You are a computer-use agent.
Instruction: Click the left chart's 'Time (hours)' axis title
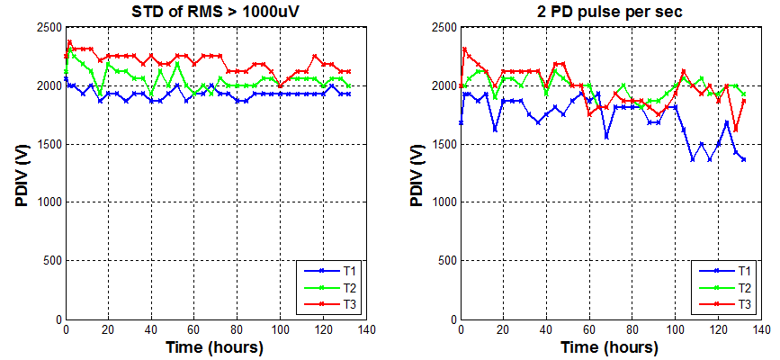215,346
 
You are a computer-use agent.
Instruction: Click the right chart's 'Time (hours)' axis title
610,346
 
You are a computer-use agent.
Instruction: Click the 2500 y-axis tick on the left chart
47,28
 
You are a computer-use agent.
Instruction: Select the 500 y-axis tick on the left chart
50,261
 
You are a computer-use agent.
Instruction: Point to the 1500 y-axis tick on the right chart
442,145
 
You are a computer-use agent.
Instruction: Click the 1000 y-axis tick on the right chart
442,202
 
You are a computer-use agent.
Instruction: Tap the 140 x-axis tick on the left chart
365,330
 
